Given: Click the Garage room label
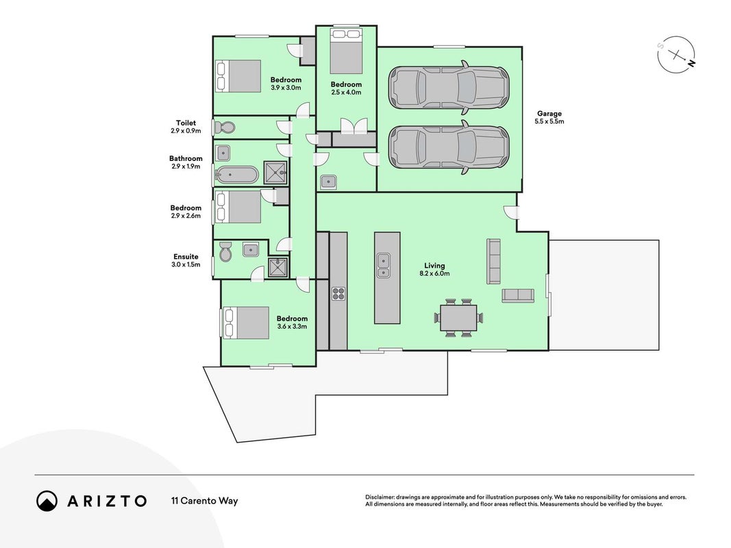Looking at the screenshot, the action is click(x=549, y=113).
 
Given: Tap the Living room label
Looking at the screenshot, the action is click(x=434, y=266).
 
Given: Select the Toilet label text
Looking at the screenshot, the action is click(x=186, y=123).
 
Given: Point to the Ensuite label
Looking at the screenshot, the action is click(x=186, y=256).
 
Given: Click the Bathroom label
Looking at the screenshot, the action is click(x=186, y=158).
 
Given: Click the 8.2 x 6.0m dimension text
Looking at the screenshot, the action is click(x=434, y=273).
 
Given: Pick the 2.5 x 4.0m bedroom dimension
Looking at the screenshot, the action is click(x=346, y=92).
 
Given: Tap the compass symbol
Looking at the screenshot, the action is click(x=676, y=55).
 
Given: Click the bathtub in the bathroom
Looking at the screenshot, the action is click(x=237, y=175).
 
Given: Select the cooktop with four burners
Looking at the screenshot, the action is click(x=338, y=293).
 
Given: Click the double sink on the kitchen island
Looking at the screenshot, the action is click(x=384, y=265).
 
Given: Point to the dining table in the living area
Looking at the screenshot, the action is click(x=459, y=317).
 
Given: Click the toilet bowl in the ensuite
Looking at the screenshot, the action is click(x=225, y=251).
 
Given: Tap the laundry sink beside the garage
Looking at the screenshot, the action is click(x=329, y=182).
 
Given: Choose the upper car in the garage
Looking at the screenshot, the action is click(x=449, y=87).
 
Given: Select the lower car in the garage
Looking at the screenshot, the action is click(x=449, y=147).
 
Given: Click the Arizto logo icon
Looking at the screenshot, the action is click(x=47, y=501).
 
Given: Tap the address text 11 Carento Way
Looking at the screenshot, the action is click(x=205, y=501).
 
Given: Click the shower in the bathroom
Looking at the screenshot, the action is click(x=275, y=173).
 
